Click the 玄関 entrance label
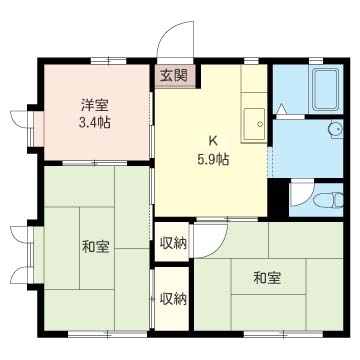pos(173,76)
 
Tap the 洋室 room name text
pos(95,106)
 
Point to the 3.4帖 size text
pos(95,123)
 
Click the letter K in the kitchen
pos(213,141)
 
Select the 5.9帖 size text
pos(213,160)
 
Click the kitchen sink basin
pos(254,124)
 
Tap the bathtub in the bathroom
pos(326,89)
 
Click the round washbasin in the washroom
pos(336,128)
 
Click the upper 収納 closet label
pos(172,243)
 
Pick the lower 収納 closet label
pos(172,300)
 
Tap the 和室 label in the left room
pos(96,247)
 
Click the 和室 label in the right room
pos(267,278)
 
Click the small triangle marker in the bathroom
pos(281,109)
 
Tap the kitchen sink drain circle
pos(260,124)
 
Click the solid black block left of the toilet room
pos(278,198)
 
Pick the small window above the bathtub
pos(316,61)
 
